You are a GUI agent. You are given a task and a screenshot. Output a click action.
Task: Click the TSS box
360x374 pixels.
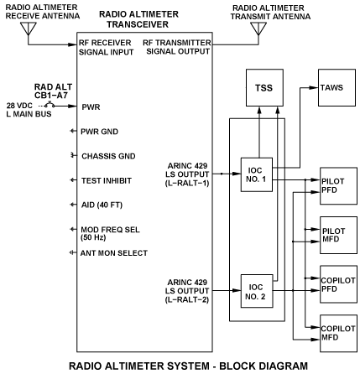[264, 88]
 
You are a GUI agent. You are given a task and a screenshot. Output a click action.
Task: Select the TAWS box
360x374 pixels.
[337, 88]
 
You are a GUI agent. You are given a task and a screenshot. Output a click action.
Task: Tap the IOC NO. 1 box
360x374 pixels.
[257, 174]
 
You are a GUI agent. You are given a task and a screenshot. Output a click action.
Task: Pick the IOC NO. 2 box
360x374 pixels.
[257, 291]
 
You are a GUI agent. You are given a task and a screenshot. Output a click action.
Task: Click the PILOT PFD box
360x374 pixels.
[338, 186]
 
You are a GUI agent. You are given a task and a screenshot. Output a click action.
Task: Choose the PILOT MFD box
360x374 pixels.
[338, 235]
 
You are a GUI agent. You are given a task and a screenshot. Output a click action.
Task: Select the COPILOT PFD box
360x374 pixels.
[338, 284]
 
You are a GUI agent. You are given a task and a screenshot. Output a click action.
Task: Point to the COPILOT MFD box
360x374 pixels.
[338, 333]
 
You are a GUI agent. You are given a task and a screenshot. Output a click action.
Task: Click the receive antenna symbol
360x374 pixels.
[29, 29]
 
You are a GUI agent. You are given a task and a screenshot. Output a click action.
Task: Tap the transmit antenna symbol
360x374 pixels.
[258, 29]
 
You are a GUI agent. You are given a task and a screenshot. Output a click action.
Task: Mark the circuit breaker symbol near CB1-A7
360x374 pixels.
[50, 105]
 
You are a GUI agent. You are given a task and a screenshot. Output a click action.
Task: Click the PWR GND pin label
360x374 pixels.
[99, 132]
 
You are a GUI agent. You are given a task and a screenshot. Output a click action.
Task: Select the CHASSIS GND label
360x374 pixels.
[108, 156]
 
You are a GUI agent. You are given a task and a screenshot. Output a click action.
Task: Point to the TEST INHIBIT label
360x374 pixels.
[107, 180]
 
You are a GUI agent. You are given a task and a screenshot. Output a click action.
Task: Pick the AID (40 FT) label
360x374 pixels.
[102, 205]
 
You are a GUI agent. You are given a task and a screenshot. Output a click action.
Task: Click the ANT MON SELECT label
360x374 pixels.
[114, 253]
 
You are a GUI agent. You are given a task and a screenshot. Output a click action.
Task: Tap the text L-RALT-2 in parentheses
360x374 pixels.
[187, 300]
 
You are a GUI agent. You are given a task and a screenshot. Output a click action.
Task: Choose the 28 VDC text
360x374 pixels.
[19, 106]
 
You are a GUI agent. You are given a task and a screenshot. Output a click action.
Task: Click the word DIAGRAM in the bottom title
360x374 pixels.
[284, 366]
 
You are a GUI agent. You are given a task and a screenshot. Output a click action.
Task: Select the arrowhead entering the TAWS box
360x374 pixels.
[314, 88]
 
